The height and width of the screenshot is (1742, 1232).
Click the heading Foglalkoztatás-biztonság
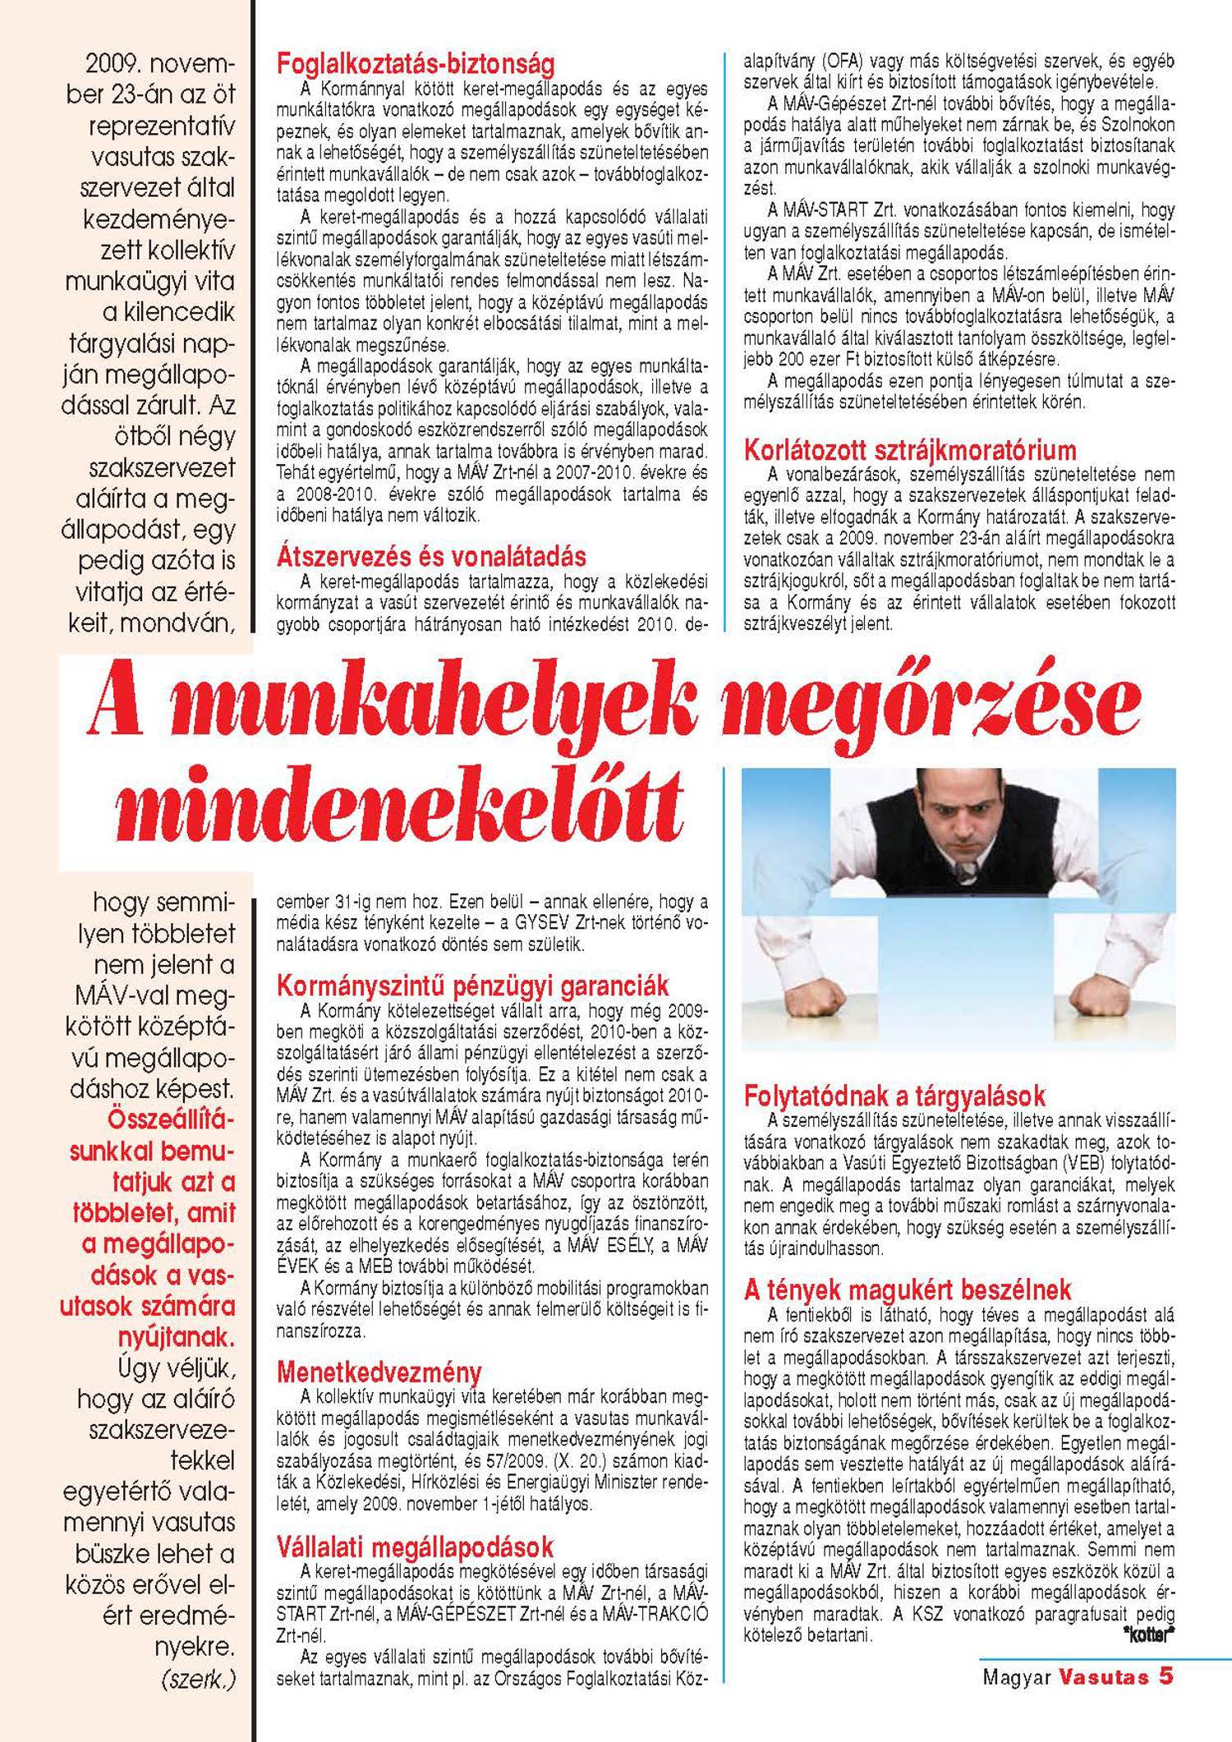coord(416,63)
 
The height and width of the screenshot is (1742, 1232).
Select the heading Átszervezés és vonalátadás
coord(431,557)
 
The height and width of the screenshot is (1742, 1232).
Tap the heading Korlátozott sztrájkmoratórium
coord(909,450)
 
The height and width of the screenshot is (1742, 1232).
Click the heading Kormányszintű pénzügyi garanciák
coord(472,986)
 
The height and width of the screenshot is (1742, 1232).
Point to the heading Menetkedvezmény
coord(379,1372)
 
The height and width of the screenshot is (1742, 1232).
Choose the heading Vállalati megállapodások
coord(415,1547)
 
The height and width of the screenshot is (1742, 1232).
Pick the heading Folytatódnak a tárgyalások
coord(894,1096)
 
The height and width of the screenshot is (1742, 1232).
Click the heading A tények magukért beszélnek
coord(908,1289)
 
